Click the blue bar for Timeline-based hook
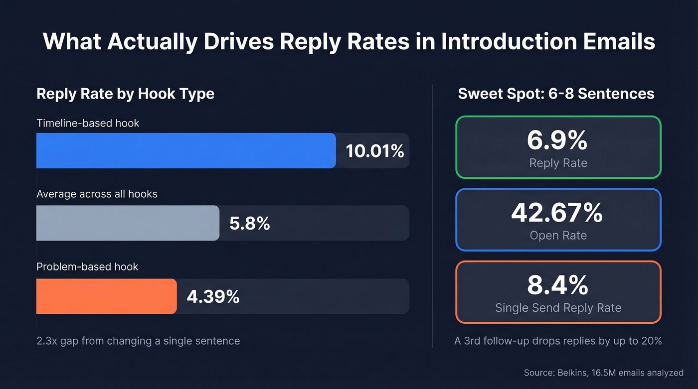(186, 150)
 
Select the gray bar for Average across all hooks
(128, 223)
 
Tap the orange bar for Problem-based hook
(106, 296)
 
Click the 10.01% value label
(375, 151)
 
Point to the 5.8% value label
(249, 224)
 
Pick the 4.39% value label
(213, 297)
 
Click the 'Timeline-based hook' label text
(88, 123)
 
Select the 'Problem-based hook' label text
(87, 266)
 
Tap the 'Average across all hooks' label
(97, 194)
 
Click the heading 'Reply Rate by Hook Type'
(125, 94)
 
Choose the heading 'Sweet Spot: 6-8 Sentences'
(556, 94)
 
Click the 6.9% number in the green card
(557, 140)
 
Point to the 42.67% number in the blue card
(557, 213)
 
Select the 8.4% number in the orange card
(557, 285)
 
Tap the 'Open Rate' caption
(558, 235)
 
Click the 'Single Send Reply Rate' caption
(558, 308)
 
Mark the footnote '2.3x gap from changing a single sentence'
(138, 341)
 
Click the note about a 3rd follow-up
(558, 341)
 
